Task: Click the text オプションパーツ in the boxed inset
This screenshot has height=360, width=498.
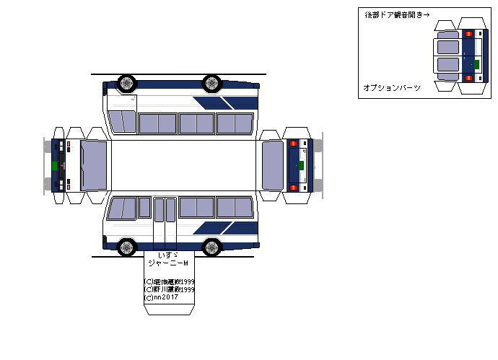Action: [x=393, y=87]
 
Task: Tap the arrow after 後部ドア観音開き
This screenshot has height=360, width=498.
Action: [x=426, y=14]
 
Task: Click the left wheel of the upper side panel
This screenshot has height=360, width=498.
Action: [x=126, y=82]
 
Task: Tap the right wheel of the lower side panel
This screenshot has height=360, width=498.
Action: [x=211, y=247]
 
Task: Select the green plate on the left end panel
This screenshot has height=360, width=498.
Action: [x=55, y=165]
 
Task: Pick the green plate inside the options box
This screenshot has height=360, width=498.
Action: [x=476, y=64]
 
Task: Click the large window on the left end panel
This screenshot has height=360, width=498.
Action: [x=94, y=165]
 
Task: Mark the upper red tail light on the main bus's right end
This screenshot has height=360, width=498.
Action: [x=293, y=144]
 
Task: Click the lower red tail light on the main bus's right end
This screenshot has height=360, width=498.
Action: [x=293, y=188]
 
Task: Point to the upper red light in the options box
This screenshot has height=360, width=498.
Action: [x=469, y=34]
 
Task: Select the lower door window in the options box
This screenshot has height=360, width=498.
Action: [x=448, y=65]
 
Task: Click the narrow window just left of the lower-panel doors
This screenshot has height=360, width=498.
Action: [x=144, y=208]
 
